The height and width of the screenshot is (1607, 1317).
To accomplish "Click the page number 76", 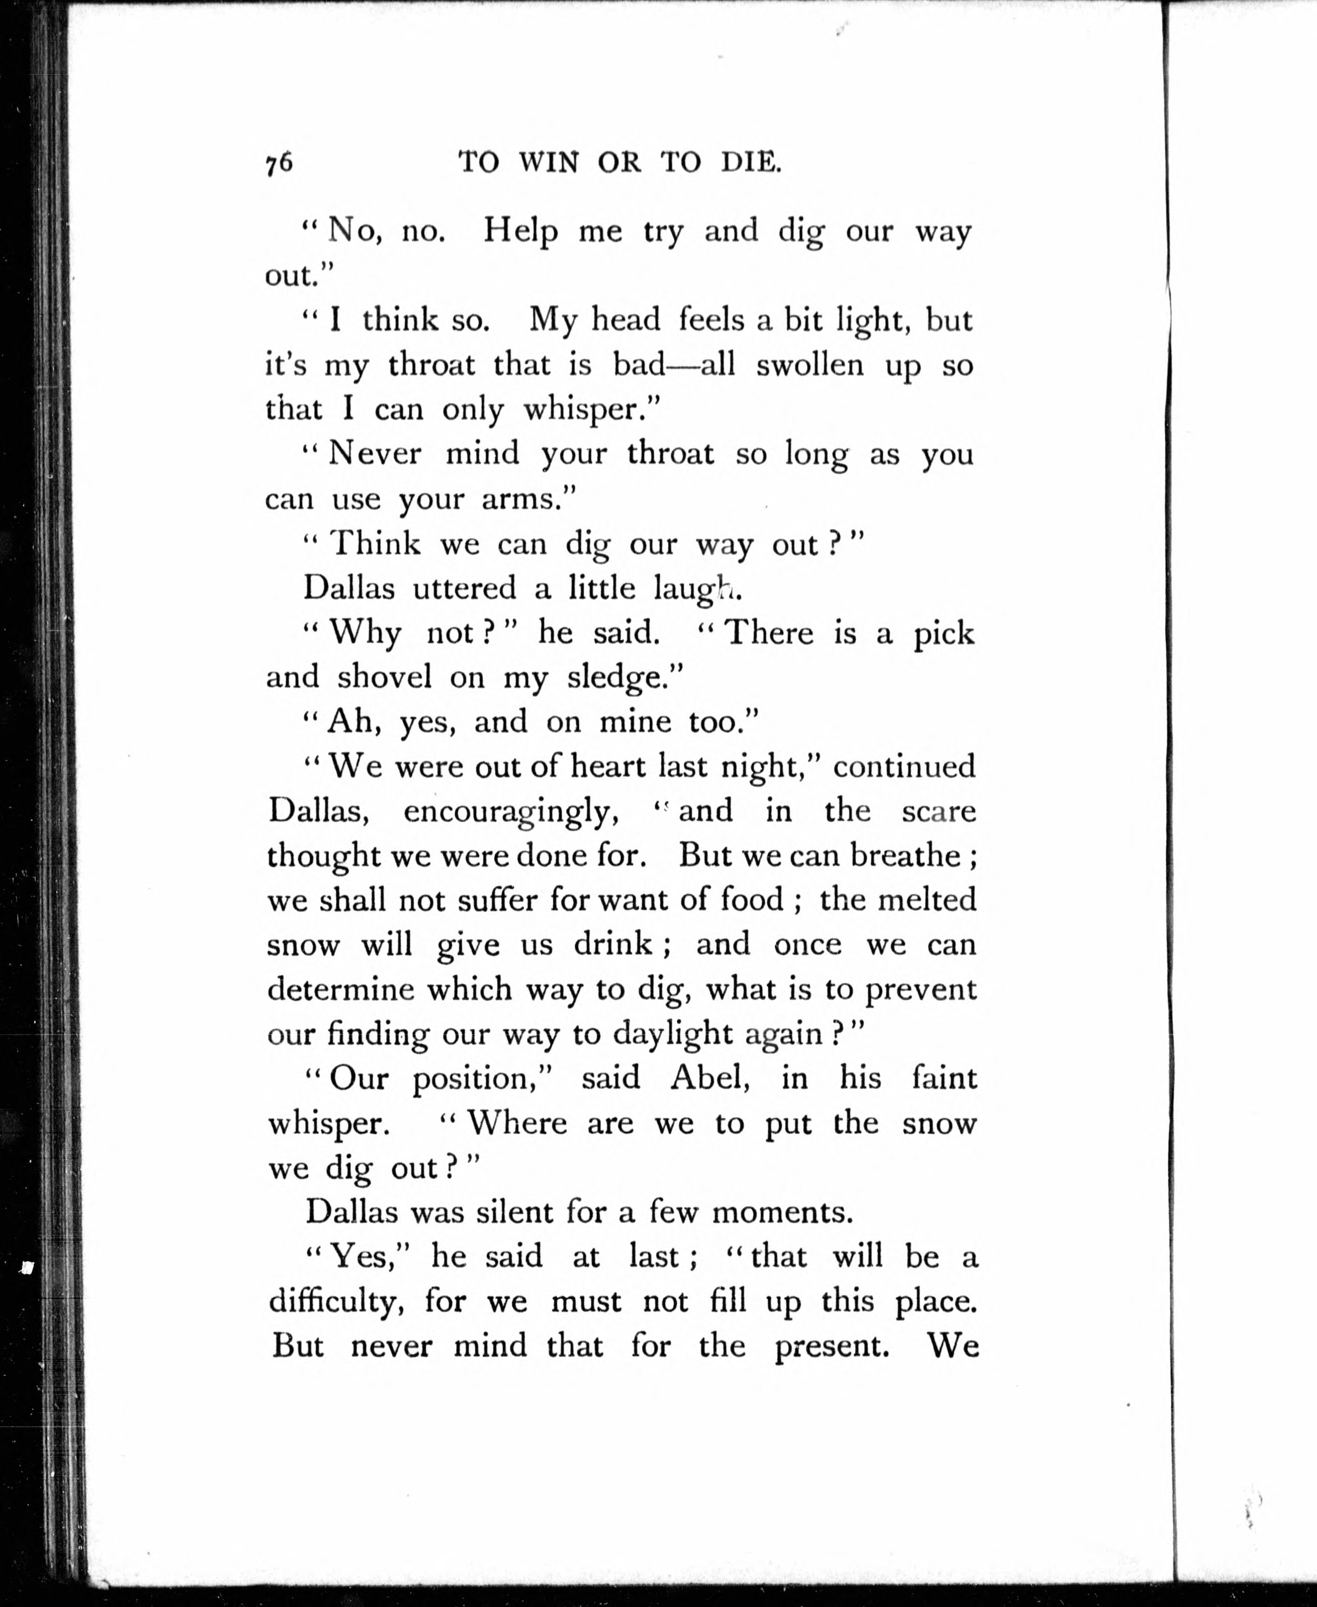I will (x=279, y=163).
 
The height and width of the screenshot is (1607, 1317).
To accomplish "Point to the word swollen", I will (x=809, y=365).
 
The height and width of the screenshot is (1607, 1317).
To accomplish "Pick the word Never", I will (x=375, y=454).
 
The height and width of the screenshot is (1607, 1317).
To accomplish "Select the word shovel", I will (x=384, y=676).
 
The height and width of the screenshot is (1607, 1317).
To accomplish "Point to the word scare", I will (x=939, y=811).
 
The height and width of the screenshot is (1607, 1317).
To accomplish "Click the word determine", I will (x=341, y=989).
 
